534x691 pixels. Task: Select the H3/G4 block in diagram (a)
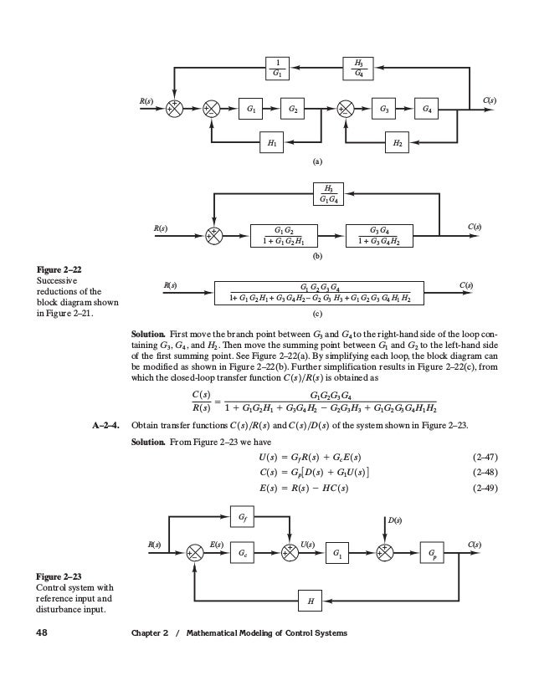(x=357, y=68)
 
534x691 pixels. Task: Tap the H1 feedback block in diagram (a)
(x=272, y=144)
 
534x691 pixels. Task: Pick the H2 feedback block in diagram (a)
(x=398, y=144)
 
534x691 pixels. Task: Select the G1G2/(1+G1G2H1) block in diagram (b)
(x=283, y=235)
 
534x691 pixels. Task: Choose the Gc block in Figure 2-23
(x=242, y=552)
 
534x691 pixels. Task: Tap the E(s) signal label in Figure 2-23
(x=215, y=545)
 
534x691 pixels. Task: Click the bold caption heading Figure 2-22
(x=58, y=269)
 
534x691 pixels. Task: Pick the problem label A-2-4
(x=105, y=425)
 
